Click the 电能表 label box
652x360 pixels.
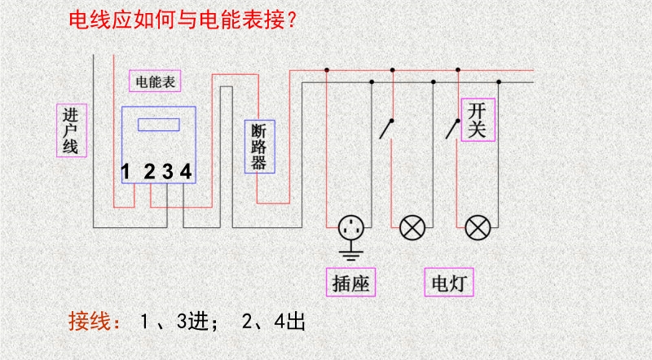pyautogui.click(x=155, y=81)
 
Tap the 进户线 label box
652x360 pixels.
pyautogui.click(x=72, y=130)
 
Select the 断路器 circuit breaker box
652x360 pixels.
pyautogui.click(x=259, y=147)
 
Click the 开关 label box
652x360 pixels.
pyautogui.click(x=478, y=120)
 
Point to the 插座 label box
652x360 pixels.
pyautogui.click(x=351, y=283)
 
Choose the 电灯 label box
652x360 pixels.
pyautogui.click(x=449, y=283)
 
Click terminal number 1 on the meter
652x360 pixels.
pyautogui.click(x=126, y=171)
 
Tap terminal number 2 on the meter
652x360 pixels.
pyautogui.click(x=149, y=171)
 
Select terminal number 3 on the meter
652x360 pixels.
pyautogui.click(x=168, y=171)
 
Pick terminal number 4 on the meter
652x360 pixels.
pyautogui.click(x=186, y=171)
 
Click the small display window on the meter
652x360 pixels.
pyautogui.click(x=159, y=125)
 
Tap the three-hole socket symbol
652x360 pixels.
pyautogui.click(x=351, y=228)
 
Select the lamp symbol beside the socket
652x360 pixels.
pyautogui.click(x=412, y=228)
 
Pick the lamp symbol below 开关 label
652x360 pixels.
pyautogui.click(x=478, y=228)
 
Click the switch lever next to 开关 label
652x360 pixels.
pyautogui.click(x=452, y=130)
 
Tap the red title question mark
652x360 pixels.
pyautogui.click(x=292, y=20)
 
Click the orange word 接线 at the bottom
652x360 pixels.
pyautogui.click(x=94, y=321)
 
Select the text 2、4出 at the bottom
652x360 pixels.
pyautogui.click(x=273, y=321)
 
